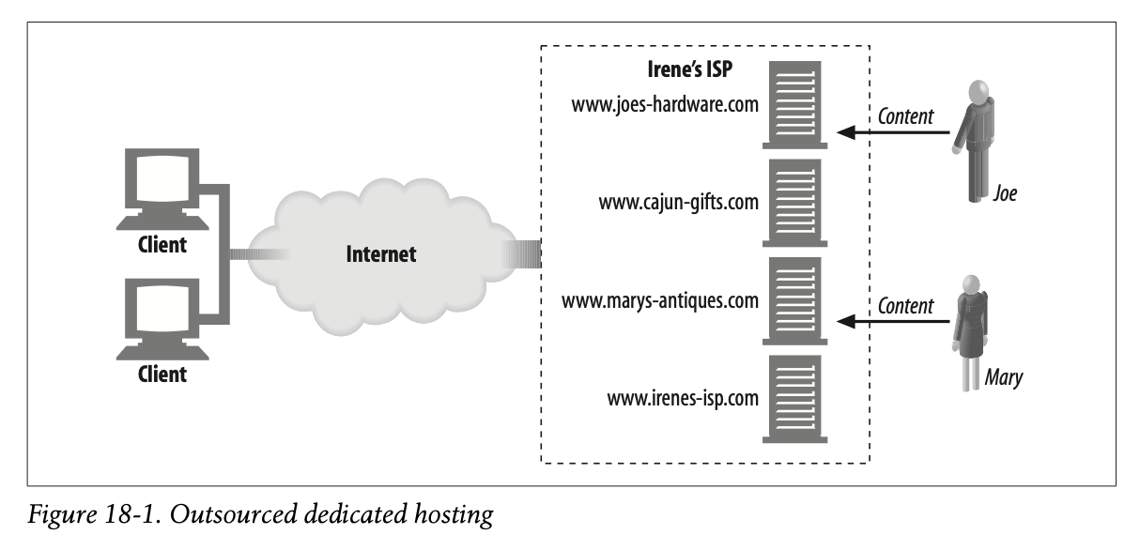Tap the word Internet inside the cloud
(380, 253)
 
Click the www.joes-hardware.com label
(664, 104)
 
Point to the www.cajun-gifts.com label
(677, 202)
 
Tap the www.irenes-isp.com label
(682, 398)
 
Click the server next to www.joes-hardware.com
(795, 104)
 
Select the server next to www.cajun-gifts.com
(795, 202)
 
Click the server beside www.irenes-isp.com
(795, 398)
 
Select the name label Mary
(1003, 378)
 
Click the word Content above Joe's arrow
(905, 116)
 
